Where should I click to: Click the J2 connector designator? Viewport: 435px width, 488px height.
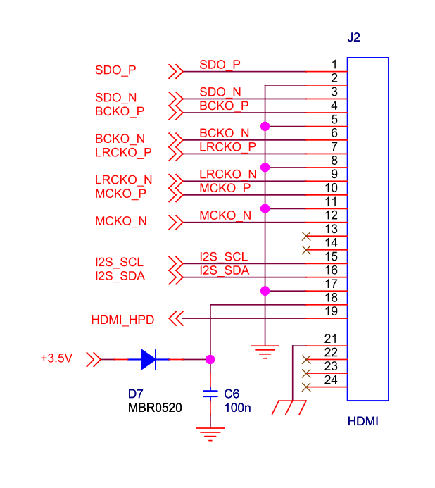click(353, 37)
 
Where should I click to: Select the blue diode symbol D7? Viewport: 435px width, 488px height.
click(149, 359)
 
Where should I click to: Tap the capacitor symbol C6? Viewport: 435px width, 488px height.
click(210, 394)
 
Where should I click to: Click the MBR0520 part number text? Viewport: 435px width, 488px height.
click(155, 408)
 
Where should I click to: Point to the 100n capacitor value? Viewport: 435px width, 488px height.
click(238, 408)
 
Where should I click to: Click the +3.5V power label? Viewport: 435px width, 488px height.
click(56, 358)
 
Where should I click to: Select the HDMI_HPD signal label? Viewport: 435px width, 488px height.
click(122, 320)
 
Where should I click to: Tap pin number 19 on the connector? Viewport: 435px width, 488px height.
click(331, 311)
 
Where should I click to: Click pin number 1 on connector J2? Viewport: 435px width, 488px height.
click(334, 64)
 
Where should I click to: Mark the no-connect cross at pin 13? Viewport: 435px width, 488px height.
click(306, 236)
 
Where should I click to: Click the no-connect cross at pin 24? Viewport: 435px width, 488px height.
click(306, 387)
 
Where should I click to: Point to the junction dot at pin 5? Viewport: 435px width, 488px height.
click(265, 126)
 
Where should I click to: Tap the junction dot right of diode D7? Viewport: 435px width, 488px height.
click(210, 359)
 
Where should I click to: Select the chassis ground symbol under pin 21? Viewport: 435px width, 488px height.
click(289, 408)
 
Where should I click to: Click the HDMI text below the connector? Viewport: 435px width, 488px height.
click(362, 421)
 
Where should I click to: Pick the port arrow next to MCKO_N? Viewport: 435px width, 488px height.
click(176, 223)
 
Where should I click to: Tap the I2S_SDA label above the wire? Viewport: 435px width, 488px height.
click(225, 270)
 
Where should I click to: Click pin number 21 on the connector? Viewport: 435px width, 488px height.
click(331, 339)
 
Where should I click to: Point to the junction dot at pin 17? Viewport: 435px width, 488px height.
click(265, 291)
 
